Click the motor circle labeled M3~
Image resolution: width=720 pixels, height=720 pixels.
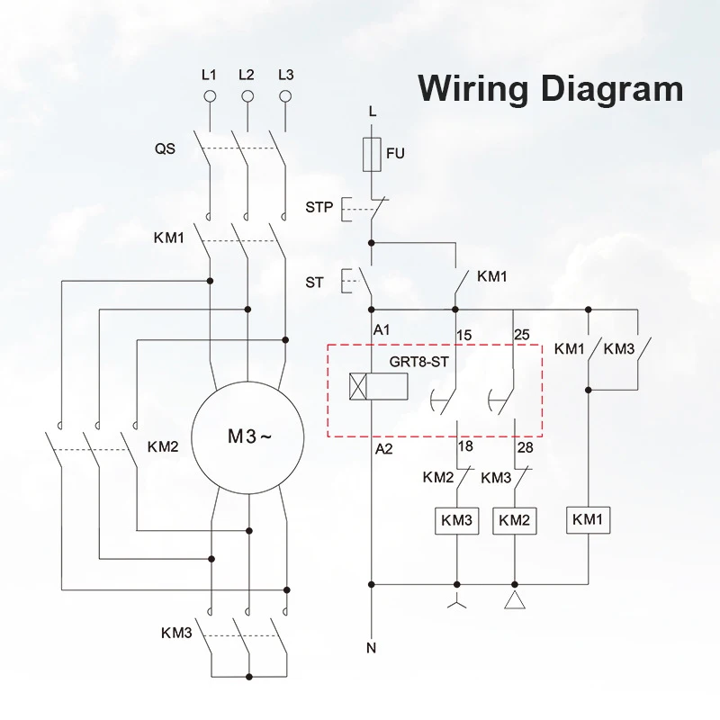point(247,438)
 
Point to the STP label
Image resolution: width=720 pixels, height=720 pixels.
point(319,208)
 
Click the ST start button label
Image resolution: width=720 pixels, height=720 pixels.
point(314,282)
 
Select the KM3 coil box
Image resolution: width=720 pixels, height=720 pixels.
point(456,519)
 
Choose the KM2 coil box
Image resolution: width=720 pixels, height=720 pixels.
point(514,519)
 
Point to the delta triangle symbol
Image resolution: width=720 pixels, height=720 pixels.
point(514,600)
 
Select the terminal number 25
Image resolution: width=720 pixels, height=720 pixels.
point(521,336)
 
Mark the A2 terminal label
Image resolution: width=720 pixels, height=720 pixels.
point(383,447)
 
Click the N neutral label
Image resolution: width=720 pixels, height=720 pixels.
point(372,648)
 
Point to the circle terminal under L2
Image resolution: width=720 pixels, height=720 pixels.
point(247,94)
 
